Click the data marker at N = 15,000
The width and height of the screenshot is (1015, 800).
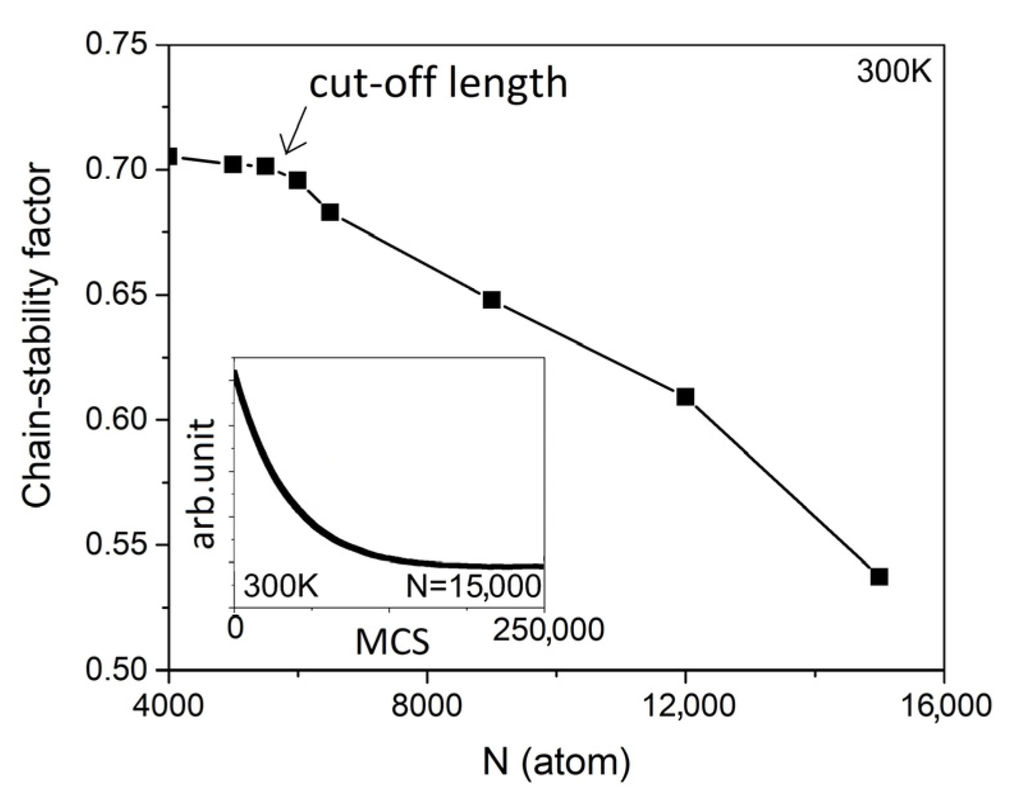coord(879,576)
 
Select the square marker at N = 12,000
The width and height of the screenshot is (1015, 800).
coord(685,397)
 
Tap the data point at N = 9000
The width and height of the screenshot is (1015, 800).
coord(492,300)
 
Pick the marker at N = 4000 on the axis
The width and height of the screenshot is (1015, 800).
coord(171,156)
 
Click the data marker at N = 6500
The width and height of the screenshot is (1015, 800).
coord(330,212)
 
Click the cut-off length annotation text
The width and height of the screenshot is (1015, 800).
coord(438,83)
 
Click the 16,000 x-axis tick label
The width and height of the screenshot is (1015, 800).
coord(945,707)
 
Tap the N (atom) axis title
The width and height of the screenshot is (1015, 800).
coord(556,762)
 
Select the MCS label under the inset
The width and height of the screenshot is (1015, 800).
coord(392,642)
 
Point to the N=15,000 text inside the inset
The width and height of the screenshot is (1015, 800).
coord(474,585)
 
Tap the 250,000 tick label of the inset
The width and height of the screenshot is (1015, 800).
coord(548,629)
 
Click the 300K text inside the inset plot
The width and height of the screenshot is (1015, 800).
coord(281,585)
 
